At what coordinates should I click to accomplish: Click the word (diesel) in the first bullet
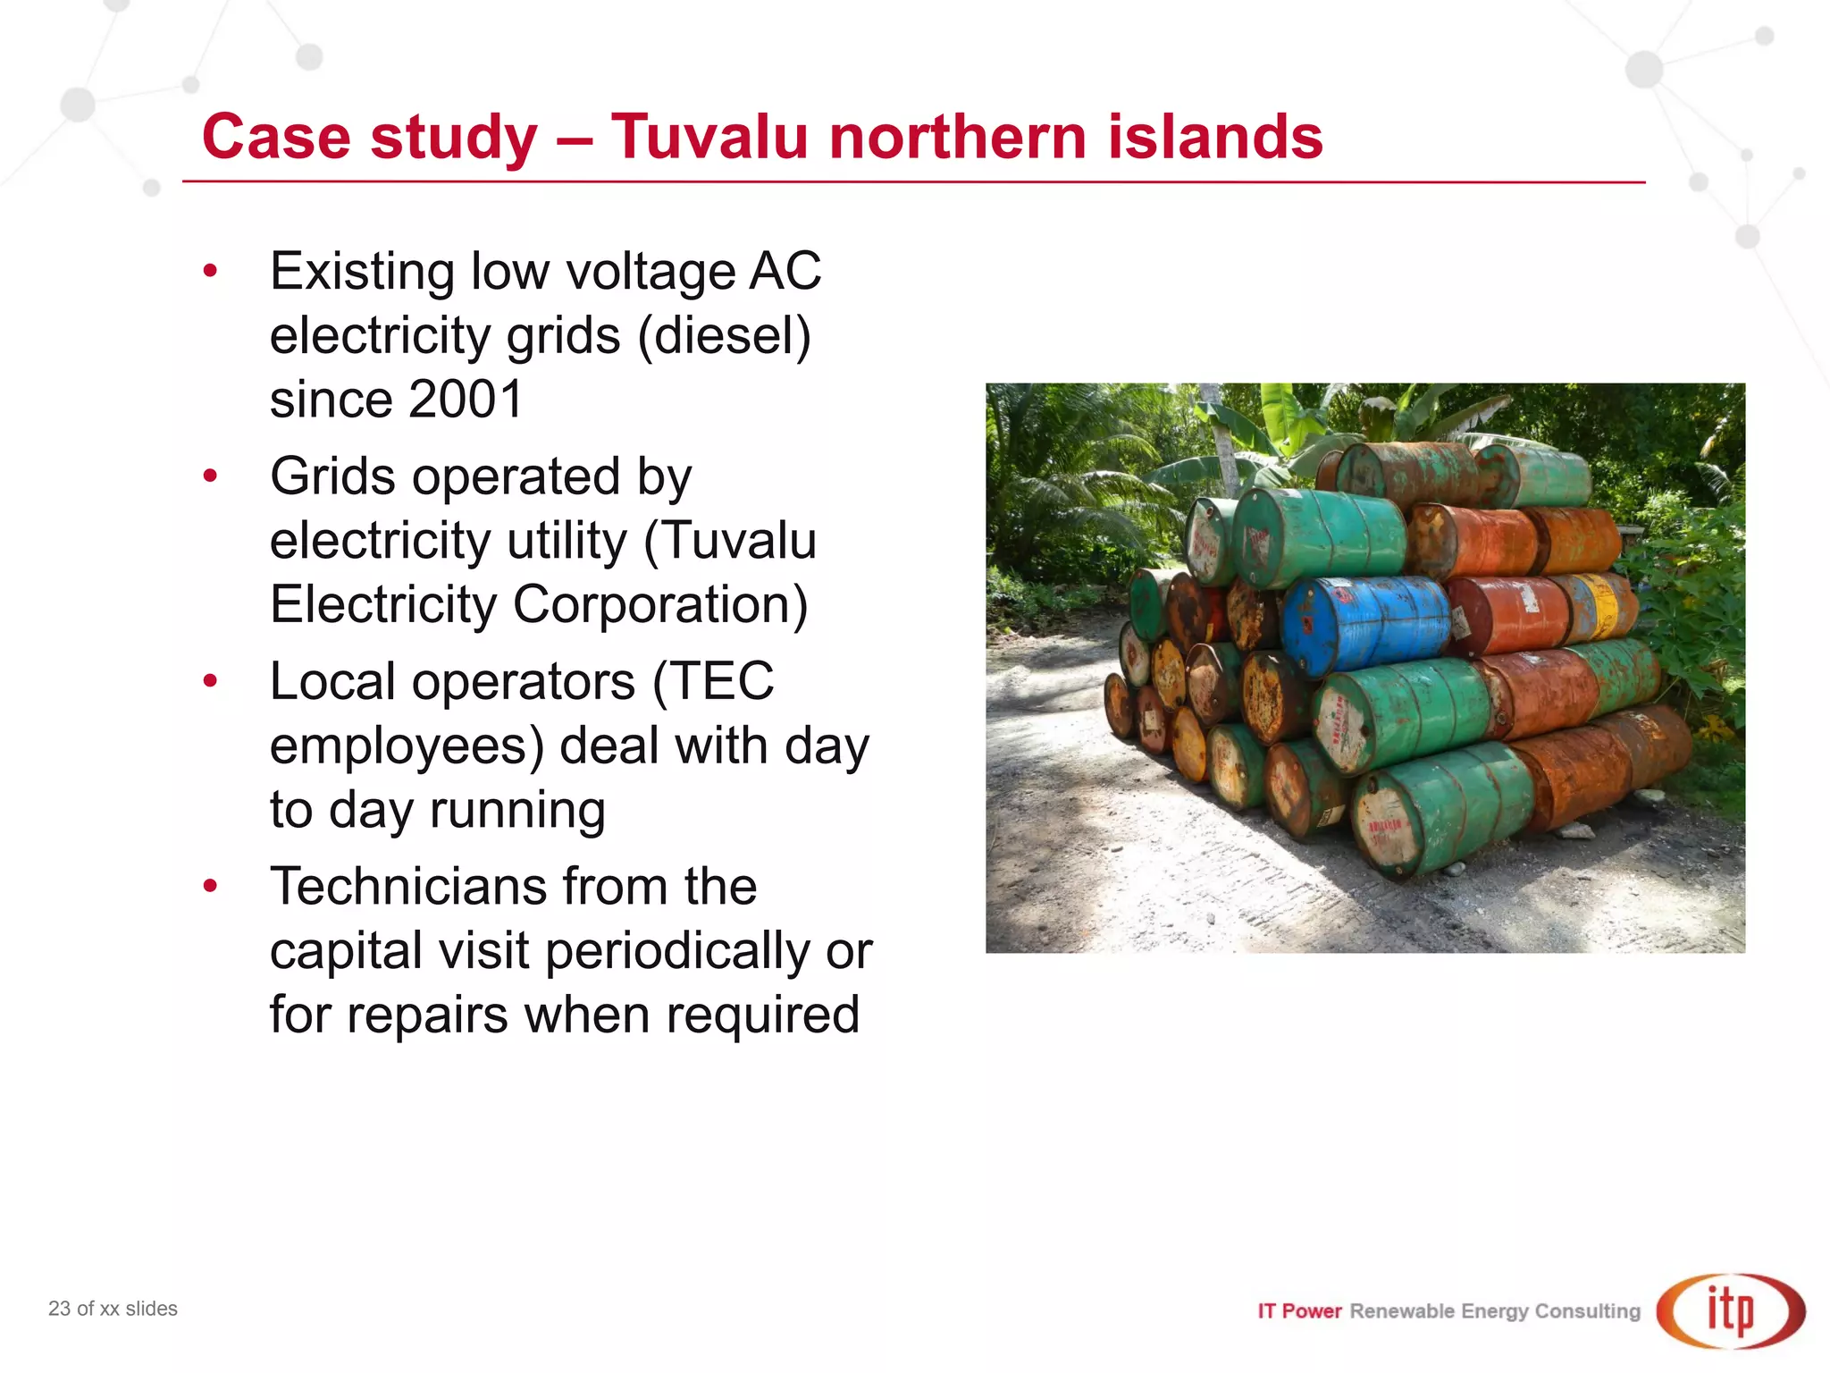[724, 336]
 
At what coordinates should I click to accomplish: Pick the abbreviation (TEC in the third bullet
[712, 682]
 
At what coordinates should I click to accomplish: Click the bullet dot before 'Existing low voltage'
[210, 270]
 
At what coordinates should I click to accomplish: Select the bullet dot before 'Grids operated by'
[210, 476]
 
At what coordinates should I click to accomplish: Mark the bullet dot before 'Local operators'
[210, 681]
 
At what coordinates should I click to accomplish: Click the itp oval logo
[1730, 1310]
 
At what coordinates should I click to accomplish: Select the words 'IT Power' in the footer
[1299, 1311]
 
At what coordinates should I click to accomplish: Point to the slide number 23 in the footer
[59, 1309]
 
